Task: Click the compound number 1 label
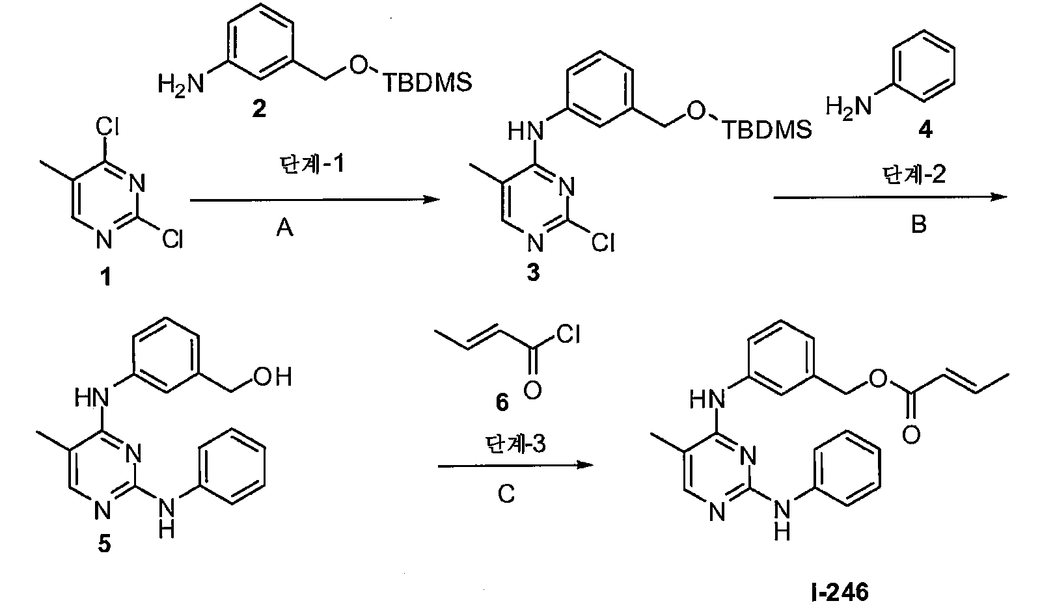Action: pyautogui.click(x=106, y=277)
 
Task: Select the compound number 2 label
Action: pyautogui.click(x=259, y=108)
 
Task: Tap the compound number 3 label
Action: pyautogui.click(x=534, y=273)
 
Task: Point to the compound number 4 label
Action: pyautogui.click(x=925, y=131)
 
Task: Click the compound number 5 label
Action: pyautogui.click(x=105, y=544)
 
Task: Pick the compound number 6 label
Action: pyautogui.click(x=502, y=402)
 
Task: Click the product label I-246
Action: pyautogui.click(x=840, y=592)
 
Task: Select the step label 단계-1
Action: pyautogui.click(x=312, y=165)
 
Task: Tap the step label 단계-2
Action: pyautogui.click(x=914, y=175)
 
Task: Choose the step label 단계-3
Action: pyautogui.click(x=515, y=444)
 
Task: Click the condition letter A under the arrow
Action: pyautogui.click(x=284, y=228)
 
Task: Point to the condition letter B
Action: pyautogui.click(x=919, y=224)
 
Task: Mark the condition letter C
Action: pyautogui.click(x=506, y=494)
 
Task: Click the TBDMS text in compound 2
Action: pyautogui.click(x=428, y=83)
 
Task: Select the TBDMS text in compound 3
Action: pyautogui.click(x=767, y=129)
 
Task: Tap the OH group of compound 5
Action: pyautogui.click(x=273, y=377)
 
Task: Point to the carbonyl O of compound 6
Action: pyautogui.click(x=532, y=390)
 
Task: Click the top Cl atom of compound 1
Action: pyautogui.click(x=107, y=126)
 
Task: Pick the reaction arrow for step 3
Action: pyautogui.click(x=516, y=465)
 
